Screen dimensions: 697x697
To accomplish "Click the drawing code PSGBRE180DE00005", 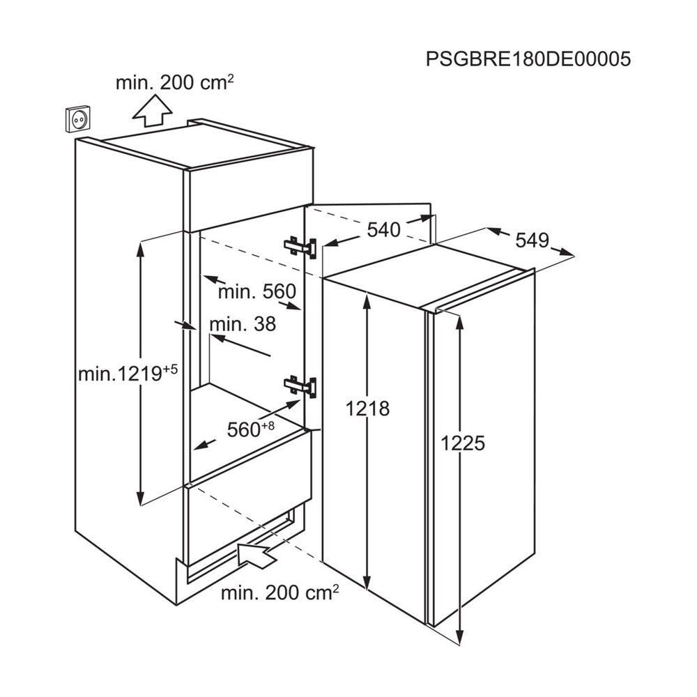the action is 528,59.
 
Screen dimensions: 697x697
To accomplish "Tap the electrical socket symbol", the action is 79,120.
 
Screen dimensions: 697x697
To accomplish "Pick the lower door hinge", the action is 300,385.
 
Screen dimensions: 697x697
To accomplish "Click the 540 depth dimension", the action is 384,230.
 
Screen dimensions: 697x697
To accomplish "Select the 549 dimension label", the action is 532,240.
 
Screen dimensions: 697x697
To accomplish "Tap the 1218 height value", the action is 367,408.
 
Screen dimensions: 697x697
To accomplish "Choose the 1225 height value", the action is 463,443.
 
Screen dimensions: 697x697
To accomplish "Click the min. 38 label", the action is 243,324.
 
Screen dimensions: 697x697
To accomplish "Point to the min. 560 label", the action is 257,291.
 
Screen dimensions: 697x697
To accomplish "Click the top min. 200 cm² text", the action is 175,82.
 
